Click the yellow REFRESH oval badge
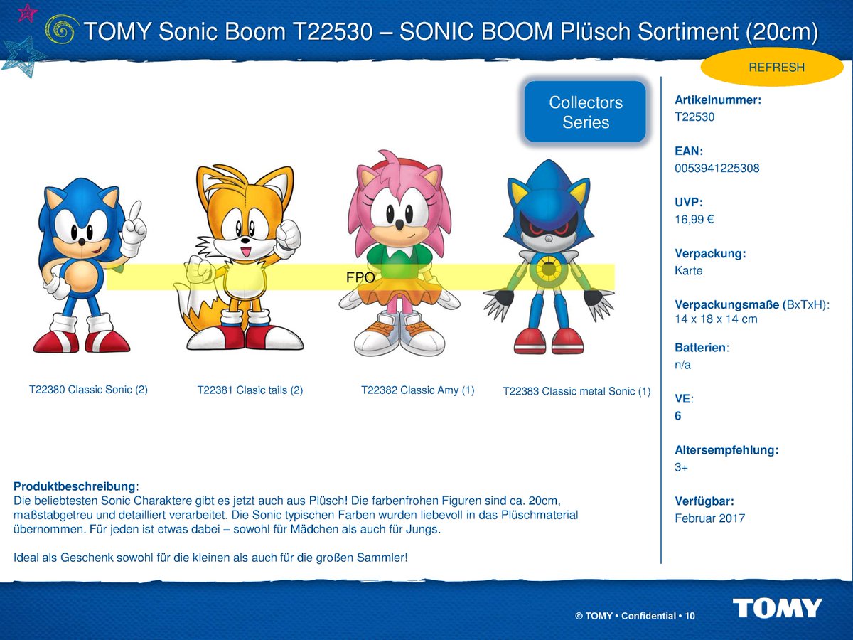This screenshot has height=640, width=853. [776, 68]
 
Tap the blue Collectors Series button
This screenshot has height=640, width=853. [585, 112]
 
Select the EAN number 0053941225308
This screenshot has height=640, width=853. [717, 169]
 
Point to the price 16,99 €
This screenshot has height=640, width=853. [694, 220]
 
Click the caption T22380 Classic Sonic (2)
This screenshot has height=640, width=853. [88, 390]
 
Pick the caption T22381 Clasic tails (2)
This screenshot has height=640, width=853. [250, 390]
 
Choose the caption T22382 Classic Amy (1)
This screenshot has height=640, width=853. [417, 390]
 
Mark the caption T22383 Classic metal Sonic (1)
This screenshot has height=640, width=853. [576, 391]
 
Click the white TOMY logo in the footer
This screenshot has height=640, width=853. [777, 609]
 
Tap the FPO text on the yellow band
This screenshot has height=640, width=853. [360, 278]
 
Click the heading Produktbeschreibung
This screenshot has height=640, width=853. [74, 486]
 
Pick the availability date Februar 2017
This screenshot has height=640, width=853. [709, 518]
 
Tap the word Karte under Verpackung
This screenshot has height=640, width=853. [688, 271]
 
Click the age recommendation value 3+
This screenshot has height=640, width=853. [682, 467]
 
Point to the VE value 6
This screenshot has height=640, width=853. [678, 416]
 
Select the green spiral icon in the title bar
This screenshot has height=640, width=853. [61, 30]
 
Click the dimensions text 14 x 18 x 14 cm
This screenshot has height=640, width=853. [716, 319]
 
